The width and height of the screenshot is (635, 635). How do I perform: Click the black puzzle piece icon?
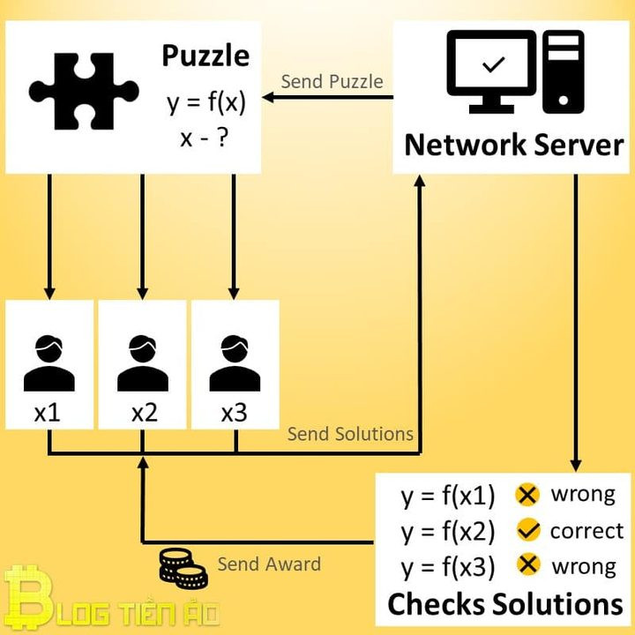tap(84, 91)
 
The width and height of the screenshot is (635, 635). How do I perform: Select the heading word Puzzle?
tap(205, 56)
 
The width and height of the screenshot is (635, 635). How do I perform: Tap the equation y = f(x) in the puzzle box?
tap(205, 103)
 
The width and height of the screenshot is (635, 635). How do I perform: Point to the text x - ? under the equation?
tap(205, 138)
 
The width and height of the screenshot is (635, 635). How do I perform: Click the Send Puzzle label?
tap(332, 82)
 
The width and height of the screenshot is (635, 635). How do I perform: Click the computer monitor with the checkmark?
tap(491, 71)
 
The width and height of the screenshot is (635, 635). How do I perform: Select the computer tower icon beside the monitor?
tap(564, 71)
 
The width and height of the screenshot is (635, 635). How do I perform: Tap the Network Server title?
tap(513, 145)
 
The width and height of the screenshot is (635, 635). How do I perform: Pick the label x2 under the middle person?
tap(144, 413)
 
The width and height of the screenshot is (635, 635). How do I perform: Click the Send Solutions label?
tap(350, 434)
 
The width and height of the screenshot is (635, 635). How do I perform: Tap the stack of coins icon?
tap(182, 569)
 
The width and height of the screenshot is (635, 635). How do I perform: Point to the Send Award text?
tap(269, 564)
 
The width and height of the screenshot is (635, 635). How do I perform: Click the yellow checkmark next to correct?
tap(527, 531)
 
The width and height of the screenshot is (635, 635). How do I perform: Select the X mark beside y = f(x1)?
tap(527, 495)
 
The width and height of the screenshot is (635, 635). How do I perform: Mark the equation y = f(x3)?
tap(448, 567)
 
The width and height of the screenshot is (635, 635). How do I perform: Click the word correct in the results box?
tap(586, 531)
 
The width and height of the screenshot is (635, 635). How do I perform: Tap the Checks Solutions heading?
tap(505, 604)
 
